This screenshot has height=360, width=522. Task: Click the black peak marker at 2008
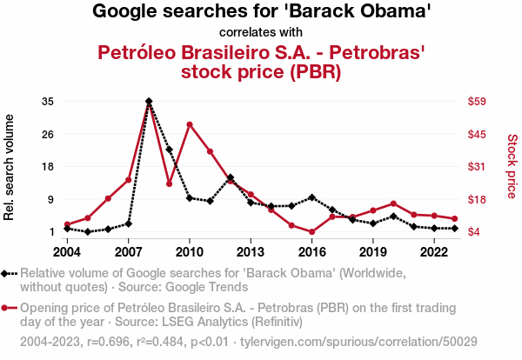[x=149, y=102]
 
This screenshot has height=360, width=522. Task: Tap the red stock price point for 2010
[x=190, y=124]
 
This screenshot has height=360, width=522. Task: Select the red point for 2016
[x=311, y=232]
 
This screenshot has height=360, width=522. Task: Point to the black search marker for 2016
[x=311, y=197]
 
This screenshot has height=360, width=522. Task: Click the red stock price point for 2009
[x=170, y=183]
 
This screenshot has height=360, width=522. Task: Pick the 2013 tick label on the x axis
[x=251, y=251]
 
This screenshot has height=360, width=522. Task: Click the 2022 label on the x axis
[x=434, y=251]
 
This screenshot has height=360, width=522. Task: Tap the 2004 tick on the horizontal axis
[x=67, y=251]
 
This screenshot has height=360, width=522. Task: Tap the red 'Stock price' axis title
[x=512, y=165]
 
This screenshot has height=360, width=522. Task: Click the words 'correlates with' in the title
[x=262, y=33]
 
